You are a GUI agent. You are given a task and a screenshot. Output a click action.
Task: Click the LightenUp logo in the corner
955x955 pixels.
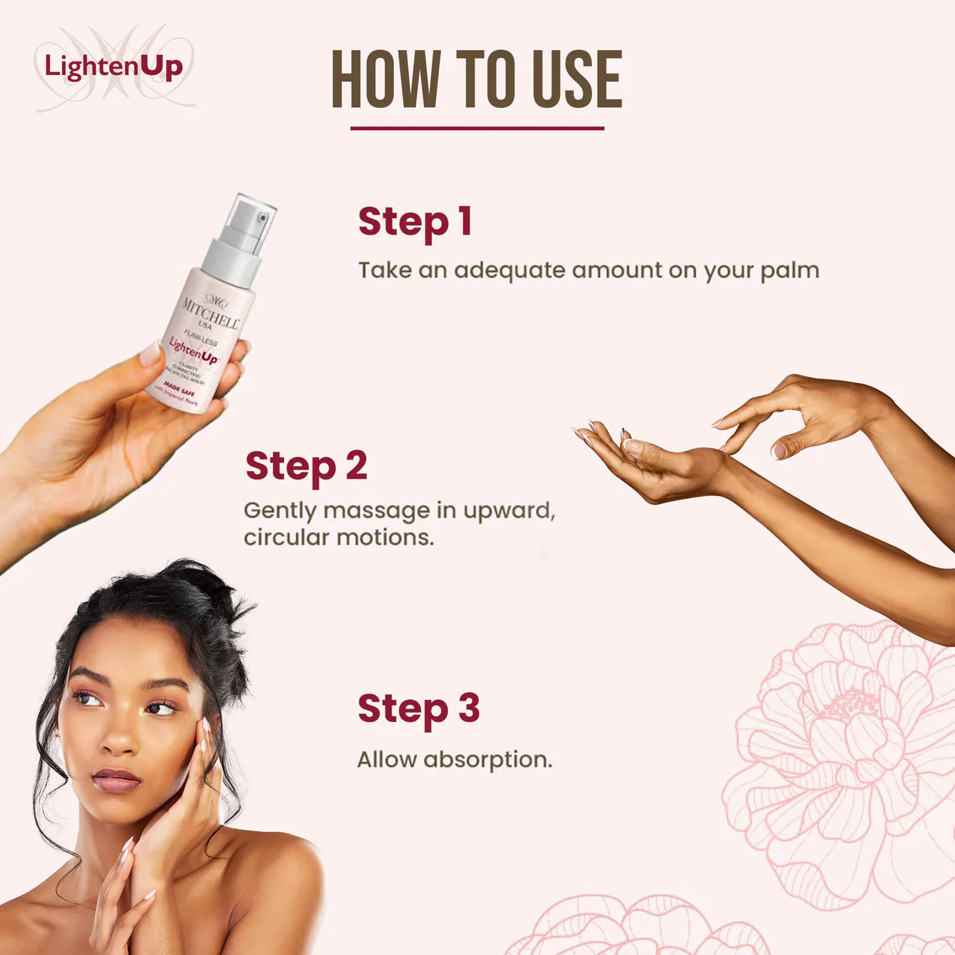tap(114, 67)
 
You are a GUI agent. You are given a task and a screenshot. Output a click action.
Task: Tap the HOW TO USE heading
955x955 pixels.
tap(477, 79)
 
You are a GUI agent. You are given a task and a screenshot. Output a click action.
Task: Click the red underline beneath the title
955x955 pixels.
tap(477, 129)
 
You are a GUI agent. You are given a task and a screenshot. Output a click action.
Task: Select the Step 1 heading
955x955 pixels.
tap(415, 222)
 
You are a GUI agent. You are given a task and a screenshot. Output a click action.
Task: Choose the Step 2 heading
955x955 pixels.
tap(306, 466)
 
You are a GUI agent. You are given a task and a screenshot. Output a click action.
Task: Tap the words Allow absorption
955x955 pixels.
tap(454, 759)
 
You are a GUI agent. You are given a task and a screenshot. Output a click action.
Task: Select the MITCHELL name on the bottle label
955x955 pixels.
tap(210, 313)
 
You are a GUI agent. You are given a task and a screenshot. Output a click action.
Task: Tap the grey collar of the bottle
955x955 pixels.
tap(232, 262)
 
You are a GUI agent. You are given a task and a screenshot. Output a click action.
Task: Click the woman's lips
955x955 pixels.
tap(116, 780)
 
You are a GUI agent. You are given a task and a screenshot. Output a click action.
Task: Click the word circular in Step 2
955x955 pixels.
tap(287, 538)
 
